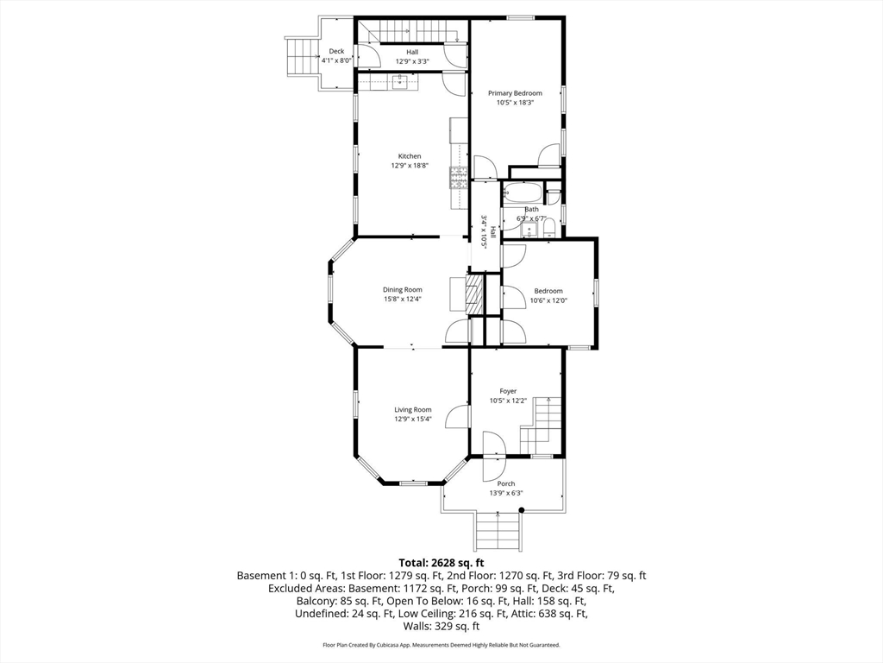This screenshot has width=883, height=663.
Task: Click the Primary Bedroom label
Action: coord(515,93)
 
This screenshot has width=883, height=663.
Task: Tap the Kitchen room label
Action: coord(410,156)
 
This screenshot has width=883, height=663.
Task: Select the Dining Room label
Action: coord(402,290)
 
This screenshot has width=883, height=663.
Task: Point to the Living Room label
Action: coord(413,410)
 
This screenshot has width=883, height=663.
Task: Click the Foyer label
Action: coord(508,391)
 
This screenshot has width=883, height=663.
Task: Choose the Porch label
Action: coord(505,483)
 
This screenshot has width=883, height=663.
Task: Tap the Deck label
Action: coord(336,51)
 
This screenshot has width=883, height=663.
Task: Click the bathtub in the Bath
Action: coord(523,193)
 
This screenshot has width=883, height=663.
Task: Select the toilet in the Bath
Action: coord(549,227)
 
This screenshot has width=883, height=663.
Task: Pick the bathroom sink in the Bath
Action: coord(529,230)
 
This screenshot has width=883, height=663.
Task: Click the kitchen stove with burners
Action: coord(459,178)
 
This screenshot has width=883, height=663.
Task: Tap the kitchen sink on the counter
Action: coord(400,83)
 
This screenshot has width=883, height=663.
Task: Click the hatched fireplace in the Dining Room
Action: coord(475,294)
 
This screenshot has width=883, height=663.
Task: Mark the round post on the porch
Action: coord(522,510)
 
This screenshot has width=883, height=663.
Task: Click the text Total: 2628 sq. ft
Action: coord(441,563)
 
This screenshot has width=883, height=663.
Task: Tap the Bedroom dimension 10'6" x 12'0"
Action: coord(548,300)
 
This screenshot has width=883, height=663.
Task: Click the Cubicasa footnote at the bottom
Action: coord(441,645)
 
